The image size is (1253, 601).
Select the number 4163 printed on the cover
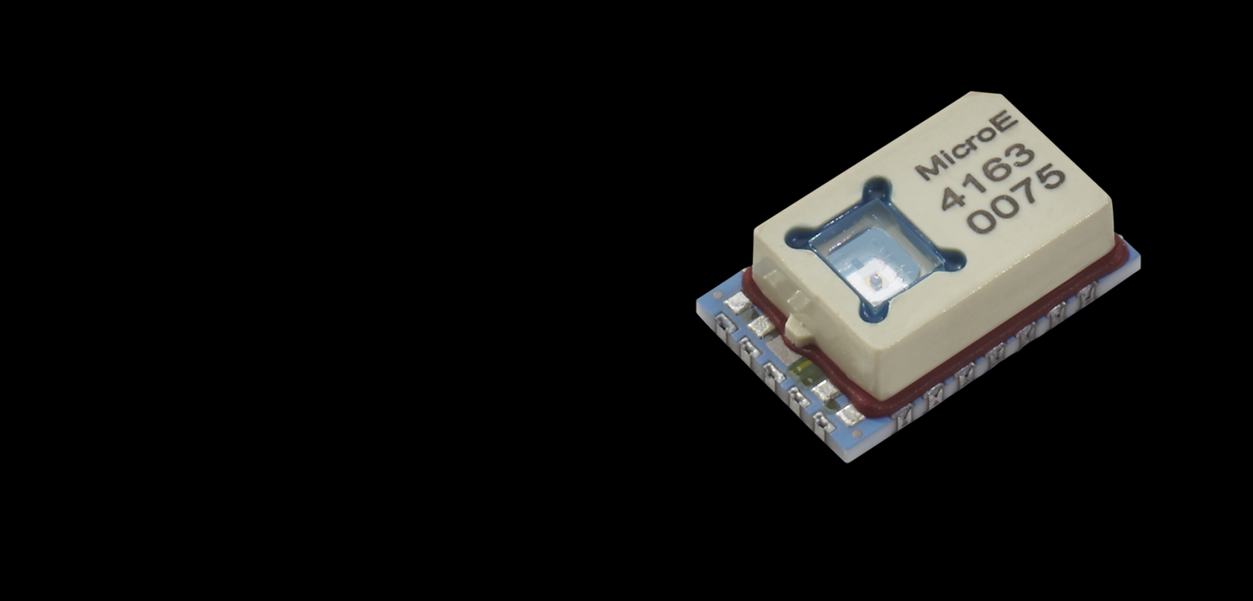(x=987, y=176)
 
